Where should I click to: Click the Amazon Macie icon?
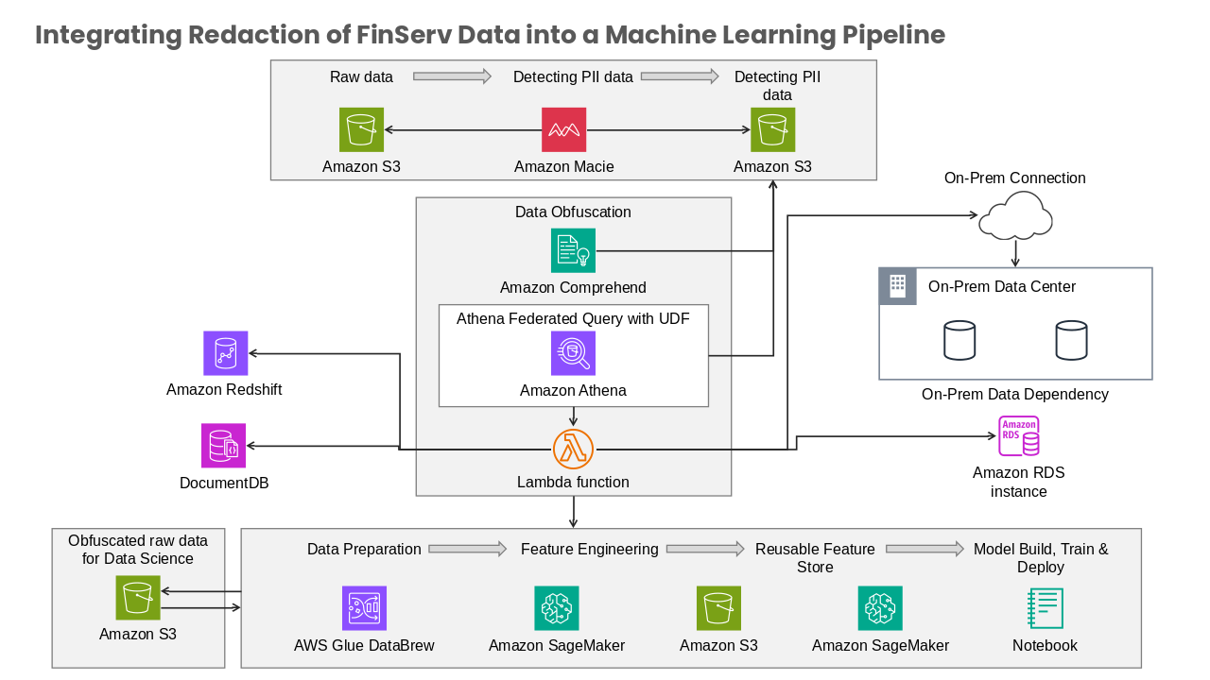[563, 129]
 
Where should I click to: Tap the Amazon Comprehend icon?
[573, 250]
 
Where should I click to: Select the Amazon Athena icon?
[573, 353]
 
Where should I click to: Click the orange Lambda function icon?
[573, 449]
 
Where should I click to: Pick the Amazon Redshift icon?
[225, 353]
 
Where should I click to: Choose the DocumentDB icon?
[223, 445]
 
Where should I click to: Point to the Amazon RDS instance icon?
[1018, 436]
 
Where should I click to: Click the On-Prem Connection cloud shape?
[1015, 216]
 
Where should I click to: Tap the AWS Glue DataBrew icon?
[364, 608]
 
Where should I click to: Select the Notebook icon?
[1045, 608]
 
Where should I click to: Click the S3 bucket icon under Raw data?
[361, 129]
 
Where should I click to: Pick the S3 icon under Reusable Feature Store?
[718, 608]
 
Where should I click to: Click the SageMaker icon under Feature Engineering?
[557, 608]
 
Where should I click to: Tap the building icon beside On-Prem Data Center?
[898, 286]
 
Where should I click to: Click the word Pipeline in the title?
[893, 35]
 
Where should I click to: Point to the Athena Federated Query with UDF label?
[573, 319]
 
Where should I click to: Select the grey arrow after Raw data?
[452, 76]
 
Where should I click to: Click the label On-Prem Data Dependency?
[1015, 395]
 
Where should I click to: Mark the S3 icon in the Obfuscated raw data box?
[138, 598]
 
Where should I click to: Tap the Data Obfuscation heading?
[573, 212]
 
